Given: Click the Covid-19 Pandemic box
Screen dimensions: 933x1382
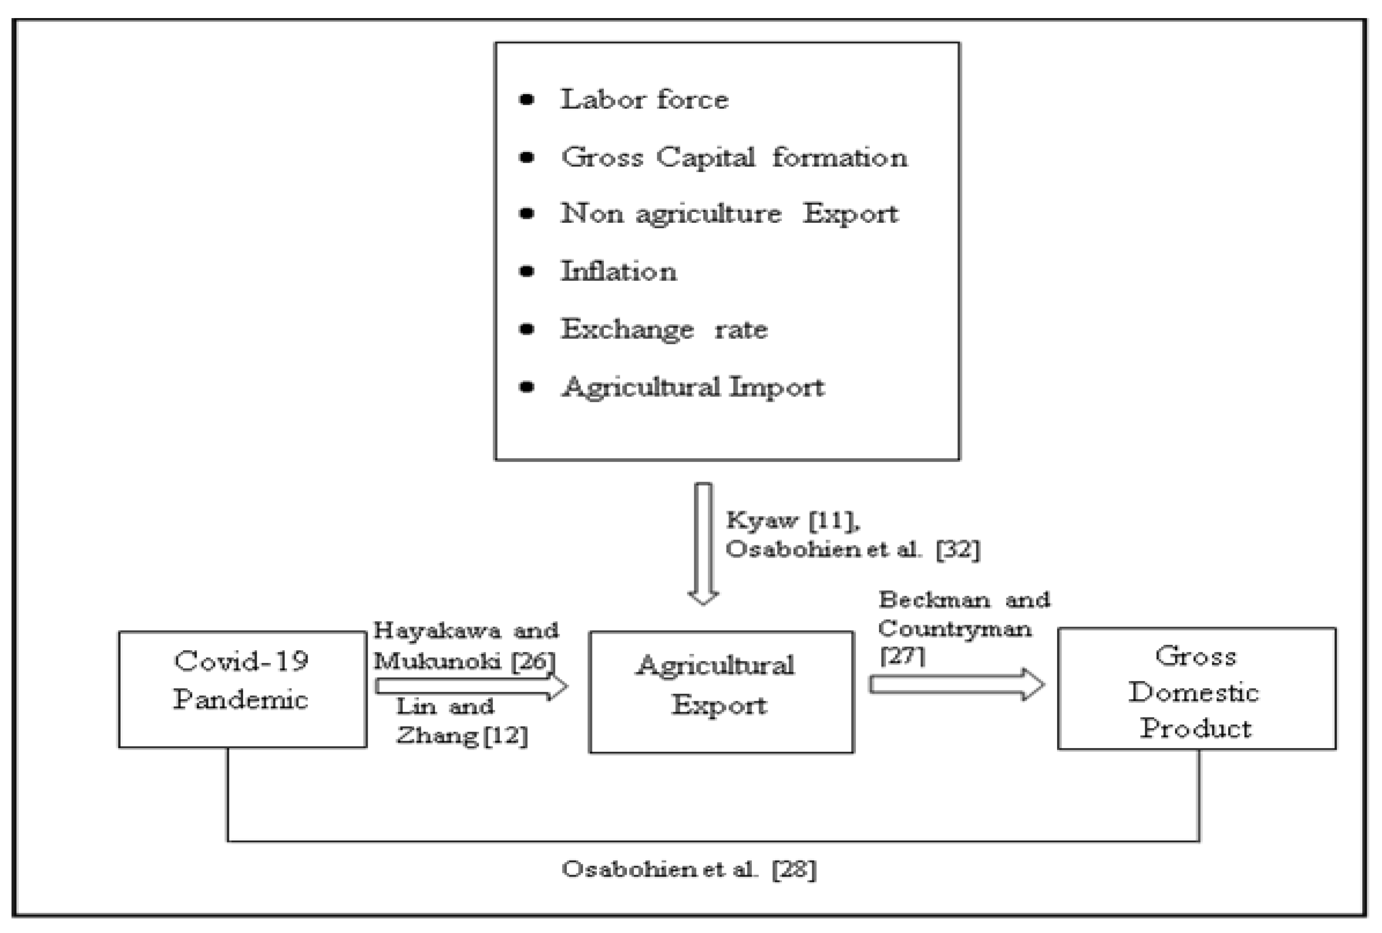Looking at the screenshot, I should coord(242,689).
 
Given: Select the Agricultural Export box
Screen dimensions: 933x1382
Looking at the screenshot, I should coord(721,692).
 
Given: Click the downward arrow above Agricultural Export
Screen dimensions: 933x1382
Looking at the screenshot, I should coord(703,542).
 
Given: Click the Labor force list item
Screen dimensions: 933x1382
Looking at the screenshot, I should coord(644,99).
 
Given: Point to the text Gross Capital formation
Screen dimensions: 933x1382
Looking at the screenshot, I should coord(735,157).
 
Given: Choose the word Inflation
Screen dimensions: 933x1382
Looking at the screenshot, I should coord(619,272).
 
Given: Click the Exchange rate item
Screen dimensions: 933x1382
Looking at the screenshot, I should coord(664,329).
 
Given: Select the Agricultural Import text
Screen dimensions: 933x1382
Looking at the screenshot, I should coord(693,387).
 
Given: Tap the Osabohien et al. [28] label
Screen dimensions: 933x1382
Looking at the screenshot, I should coord(689,869).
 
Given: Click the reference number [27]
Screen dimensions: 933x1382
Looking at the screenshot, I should coord(902,656).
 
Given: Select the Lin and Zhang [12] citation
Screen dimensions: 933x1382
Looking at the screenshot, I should coord(461,721).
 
